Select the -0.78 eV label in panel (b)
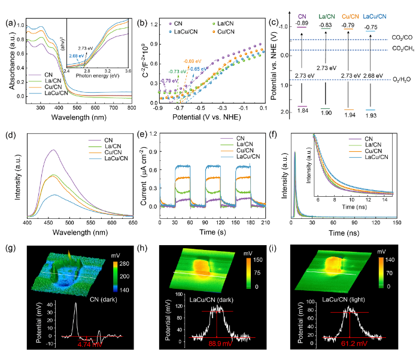pos(155,81)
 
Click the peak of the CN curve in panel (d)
pos(53,150)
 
